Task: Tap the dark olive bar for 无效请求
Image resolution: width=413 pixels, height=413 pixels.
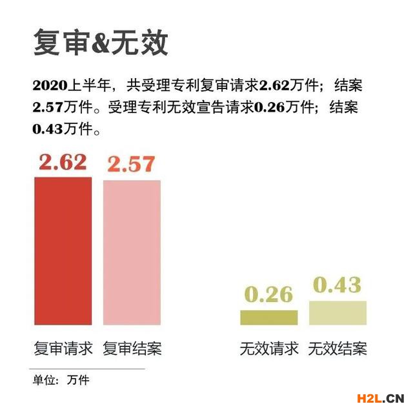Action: click(x=268, y=317)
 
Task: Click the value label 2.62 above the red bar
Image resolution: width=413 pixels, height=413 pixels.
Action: click(x=63, y=163)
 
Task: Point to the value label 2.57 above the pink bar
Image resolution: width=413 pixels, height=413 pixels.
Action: click(x=131, y=165)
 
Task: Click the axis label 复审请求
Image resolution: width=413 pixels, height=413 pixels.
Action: click(x=63, y=349)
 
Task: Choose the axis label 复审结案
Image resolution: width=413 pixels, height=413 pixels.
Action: click(x=132, y=349)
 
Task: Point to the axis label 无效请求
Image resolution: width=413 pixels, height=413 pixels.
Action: click(x=269, y=349)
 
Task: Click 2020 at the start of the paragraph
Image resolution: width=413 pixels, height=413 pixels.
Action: click(x=50, y=86)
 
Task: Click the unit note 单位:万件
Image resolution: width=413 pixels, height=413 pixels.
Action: click(x=61, y=380)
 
